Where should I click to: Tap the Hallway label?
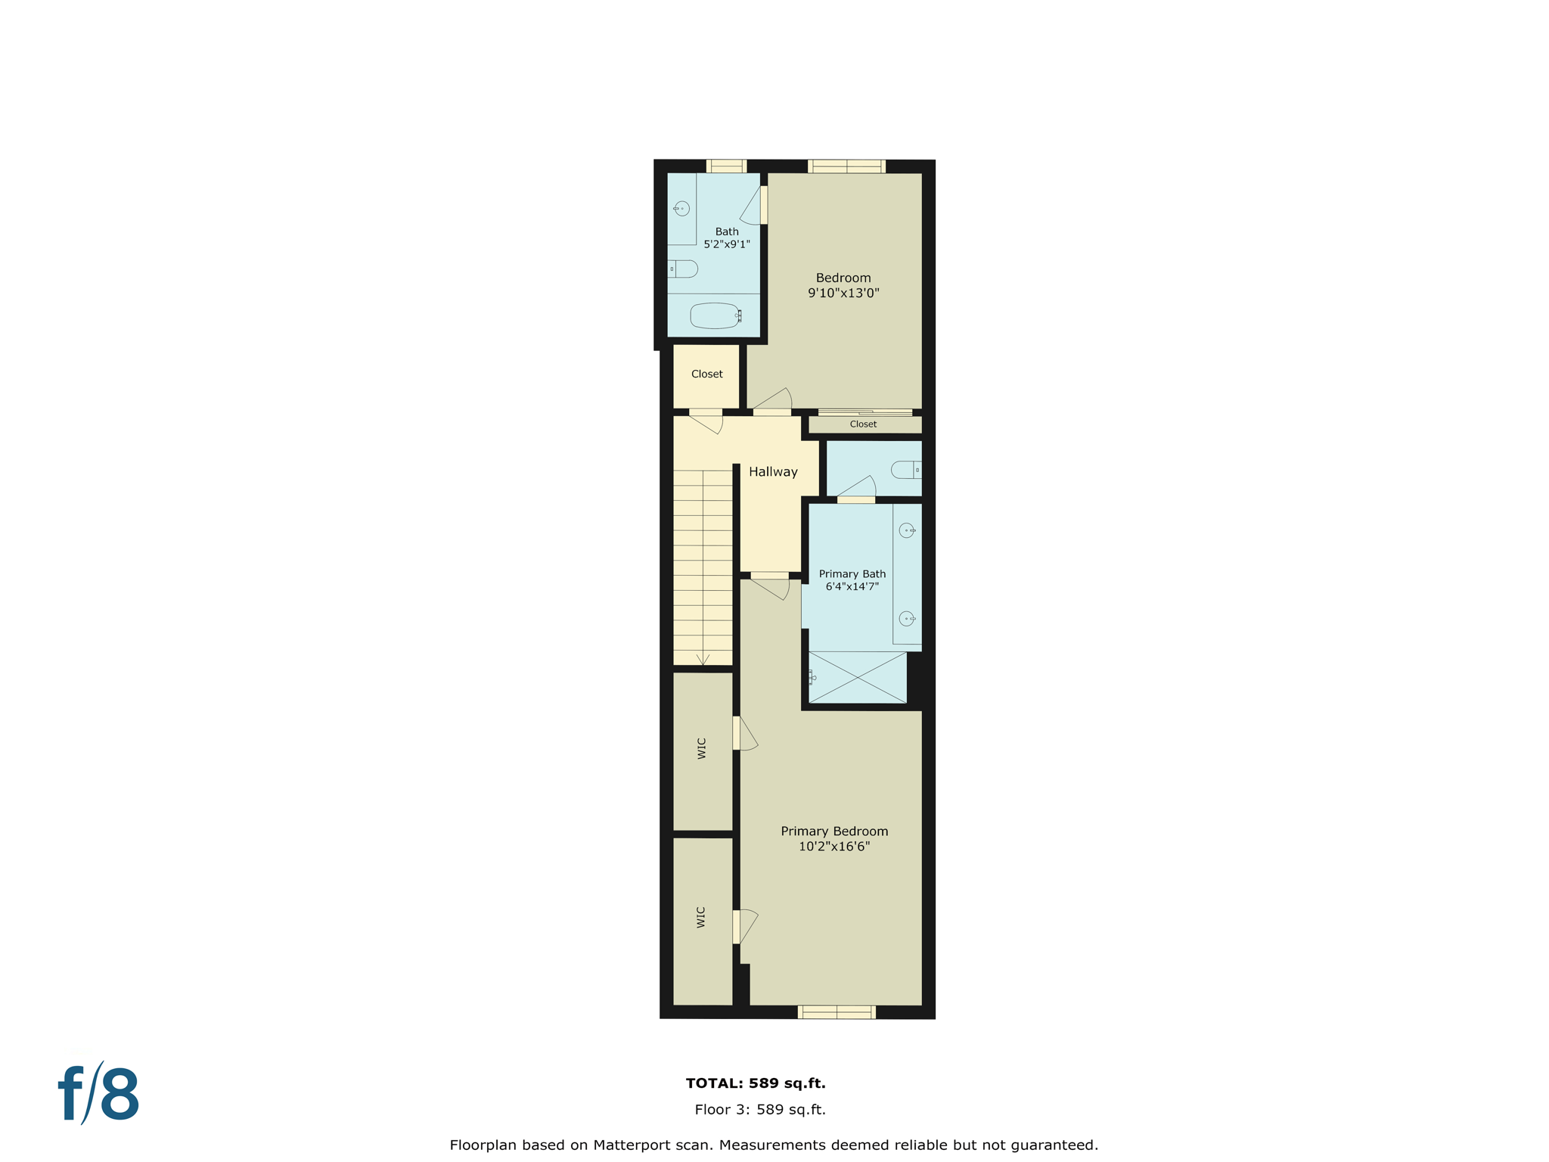point(773,472)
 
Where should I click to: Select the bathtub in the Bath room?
point(715,315)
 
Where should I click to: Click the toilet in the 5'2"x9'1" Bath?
point(683,269)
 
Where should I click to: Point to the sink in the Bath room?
point(681,209)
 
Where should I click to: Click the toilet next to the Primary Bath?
point(905,470)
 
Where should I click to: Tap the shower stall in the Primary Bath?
point(857,677)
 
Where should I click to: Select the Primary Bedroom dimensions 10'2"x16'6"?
point(834,847)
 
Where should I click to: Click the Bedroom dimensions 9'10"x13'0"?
point(843,294)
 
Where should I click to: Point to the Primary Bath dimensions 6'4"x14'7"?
point(852,586)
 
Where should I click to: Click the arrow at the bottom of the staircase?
point(703,660)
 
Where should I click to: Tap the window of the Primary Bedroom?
point(837,1012)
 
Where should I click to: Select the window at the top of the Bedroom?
point(846,166)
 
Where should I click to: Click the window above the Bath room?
point(726,166)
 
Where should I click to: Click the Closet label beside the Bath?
point(706,374)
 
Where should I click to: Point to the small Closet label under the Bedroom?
point(863,424)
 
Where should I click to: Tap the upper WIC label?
point(702,748)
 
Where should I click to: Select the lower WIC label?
point(701,917)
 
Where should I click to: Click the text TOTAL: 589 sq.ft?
point(755,1083)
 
